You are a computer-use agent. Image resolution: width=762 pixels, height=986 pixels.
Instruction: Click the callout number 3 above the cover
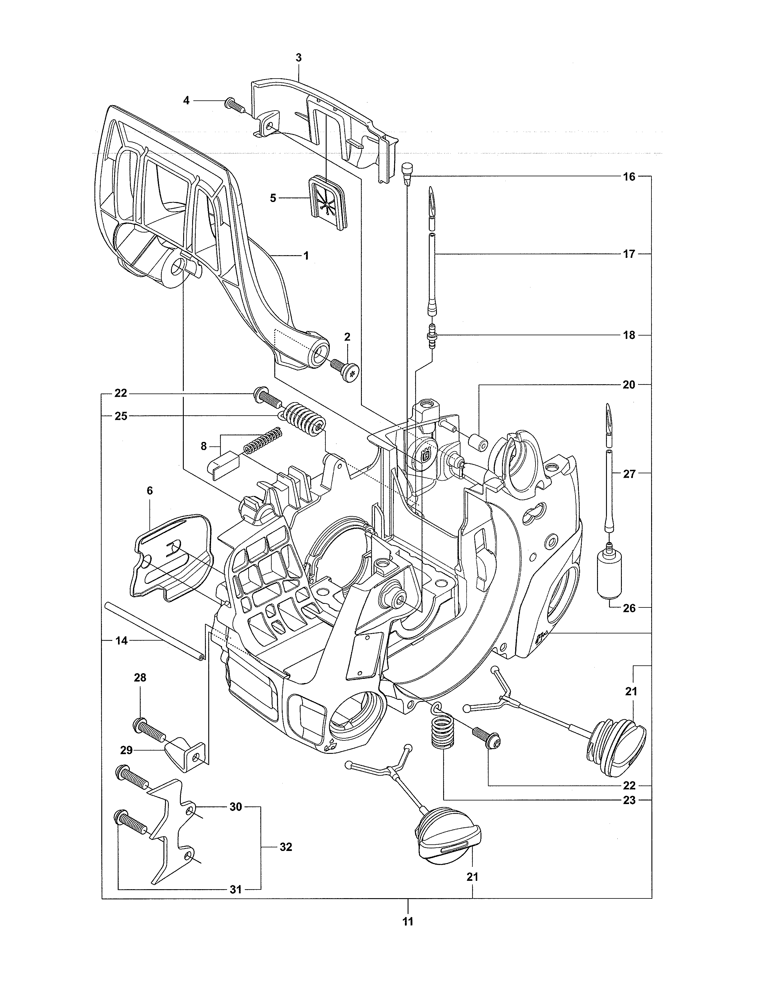[299, 58]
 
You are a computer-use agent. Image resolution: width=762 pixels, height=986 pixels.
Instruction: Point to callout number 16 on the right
[629, 177]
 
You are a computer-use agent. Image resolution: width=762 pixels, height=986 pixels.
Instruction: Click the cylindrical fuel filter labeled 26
[609, 574]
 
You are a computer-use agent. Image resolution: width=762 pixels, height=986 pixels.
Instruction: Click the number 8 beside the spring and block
[203, 446]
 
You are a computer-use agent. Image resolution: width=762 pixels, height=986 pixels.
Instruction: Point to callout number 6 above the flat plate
[150, 490]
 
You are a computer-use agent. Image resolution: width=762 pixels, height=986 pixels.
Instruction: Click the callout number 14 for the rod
[121, 640]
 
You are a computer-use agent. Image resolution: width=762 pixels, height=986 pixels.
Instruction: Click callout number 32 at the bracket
[286, 847]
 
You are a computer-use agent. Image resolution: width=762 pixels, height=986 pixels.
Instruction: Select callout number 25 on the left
[120, 416]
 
